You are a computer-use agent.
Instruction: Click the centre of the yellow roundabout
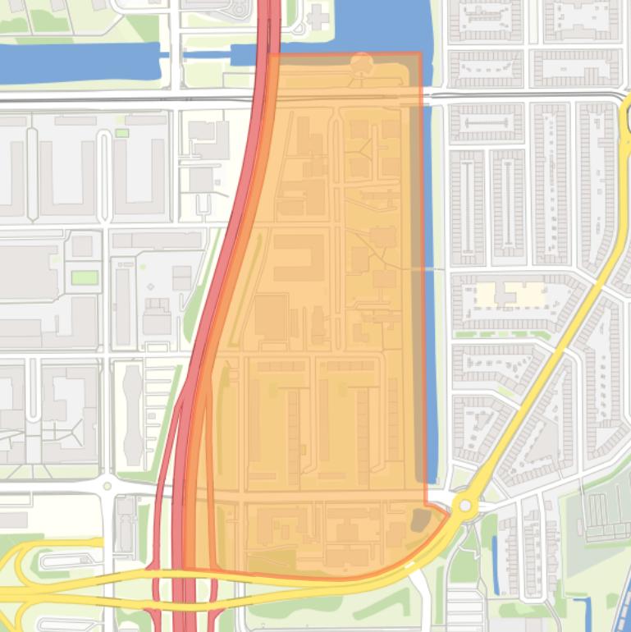[465, 506]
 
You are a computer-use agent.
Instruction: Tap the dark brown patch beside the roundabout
[420, 519]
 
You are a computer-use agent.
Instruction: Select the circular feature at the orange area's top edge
[361, 63]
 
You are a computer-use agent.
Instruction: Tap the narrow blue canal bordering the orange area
[428, 287]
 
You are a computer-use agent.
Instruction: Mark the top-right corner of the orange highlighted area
[421, 54]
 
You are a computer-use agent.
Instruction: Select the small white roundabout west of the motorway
[106, 486]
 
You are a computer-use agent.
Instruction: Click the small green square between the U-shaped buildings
[121, 133]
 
